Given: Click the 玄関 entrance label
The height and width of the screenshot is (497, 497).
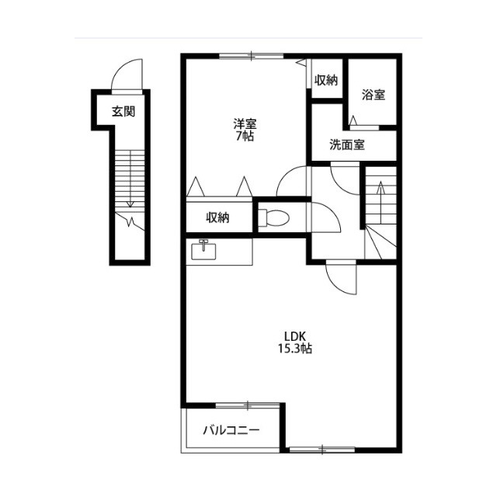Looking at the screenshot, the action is click(x=123, y=112).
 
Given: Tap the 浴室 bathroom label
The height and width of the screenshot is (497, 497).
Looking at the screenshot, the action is click(x=374, y=95).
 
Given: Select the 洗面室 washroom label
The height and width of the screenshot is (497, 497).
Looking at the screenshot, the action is click(x=347, y=145).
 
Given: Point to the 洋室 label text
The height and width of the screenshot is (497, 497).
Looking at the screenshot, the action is click(x=245, y=123).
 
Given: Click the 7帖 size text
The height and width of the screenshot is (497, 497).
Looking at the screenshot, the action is click(x=245, y=137).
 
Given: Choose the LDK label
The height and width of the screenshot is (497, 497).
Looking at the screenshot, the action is click(x=295, y=336).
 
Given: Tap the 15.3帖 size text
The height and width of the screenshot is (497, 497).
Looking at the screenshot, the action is click(x=295, y=349).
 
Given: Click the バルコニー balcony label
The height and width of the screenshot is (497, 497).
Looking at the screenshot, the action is click(x=231, y=430).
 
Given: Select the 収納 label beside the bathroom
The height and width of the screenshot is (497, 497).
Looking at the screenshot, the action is click(x=326, y=81).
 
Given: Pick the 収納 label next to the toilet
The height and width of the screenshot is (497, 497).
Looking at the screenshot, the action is click(x=217, y=217).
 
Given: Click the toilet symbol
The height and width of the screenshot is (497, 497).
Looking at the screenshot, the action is click(x=273, y=218).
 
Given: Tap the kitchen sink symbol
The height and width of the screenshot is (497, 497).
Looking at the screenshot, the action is click(x=203, y=250).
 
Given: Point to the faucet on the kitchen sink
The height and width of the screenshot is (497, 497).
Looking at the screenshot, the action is click(x=203, y=245).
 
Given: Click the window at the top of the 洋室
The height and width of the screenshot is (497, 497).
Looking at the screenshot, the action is click(x=251, y=56).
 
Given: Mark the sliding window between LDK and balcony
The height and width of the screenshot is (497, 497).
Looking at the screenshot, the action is click(x=248, y=405).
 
